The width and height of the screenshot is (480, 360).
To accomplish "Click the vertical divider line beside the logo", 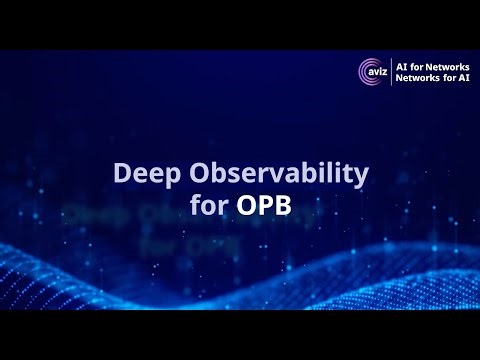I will pos(391,72).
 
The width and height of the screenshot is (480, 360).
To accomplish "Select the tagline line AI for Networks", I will pos(431,65).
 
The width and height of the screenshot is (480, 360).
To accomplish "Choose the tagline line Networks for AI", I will pos(431,79).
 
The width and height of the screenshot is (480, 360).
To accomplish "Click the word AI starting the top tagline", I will pos(402,65).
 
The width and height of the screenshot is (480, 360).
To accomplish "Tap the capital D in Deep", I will pos(122,174).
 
